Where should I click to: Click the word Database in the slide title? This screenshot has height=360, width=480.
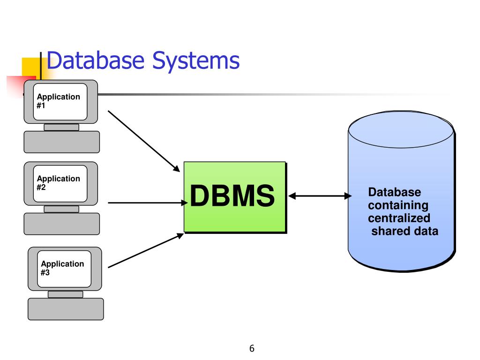[95, 60]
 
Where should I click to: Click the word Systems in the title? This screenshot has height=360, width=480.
[196, 61]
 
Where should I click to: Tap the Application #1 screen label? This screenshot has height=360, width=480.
[58, 101]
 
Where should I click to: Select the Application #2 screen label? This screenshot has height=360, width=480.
[58, 183]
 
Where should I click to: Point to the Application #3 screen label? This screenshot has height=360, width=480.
[62, 268]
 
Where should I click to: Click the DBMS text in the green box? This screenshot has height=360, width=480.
[232, 195]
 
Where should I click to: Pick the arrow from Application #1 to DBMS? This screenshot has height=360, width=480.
[144, 141]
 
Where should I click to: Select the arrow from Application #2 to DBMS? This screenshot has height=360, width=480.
[148, 202]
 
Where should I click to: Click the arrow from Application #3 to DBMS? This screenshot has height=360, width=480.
[146, 250]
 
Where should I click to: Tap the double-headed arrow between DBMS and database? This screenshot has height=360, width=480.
[320, 196]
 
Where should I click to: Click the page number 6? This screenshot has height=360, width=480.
[252, 348]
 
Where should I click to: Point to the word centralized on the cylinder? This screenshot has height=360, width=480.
[399, 218]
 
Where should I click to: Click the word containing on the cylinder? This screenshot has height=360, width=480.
[398, 205]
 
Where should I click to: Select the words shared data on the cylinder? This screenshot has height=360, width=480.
[405, 231]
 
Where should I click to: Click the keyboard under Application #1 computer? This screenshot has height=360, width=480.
[61, 142]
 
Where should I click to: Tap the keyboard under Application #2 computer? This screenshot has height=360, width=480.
[61, 224]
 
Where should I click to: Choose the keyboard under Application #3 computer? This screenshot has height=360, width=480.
[66, 309]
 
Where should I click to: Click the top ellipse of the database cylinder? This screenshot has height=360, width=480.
[401, 129]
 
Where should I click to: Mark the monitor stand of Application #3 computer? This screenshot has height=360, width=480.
[66, 294]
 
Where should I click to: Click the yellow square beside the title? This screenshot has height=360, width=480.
[31, 67]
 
